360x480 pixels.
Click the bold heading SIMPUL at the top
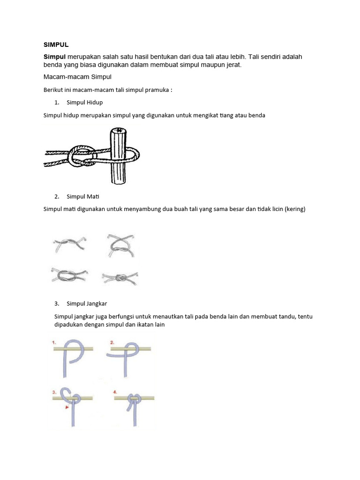click(x=56, y=45)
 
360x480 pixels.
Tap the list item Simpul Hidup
click(x=85, y=102)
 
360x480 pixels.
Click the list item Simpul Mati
click(x=83, y=196)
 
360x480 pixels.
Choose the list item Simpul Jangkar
click(x=87, y=303)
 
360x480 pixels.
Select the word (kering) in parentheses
click(x=294, y=209)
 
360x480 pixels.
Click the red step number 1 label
click(x=54, y=343)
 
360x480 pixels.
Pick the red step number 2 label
click(x=112, y=343)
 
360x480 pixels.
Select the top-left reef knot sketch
click(x=67, y=244)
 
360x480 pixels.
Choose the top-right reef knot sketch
click(x=120, y=245)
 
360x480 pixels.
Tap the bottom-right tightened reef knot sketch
click(x=120, y=277)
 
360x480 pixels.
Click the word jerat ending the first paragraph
click(x=233, y=65)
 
